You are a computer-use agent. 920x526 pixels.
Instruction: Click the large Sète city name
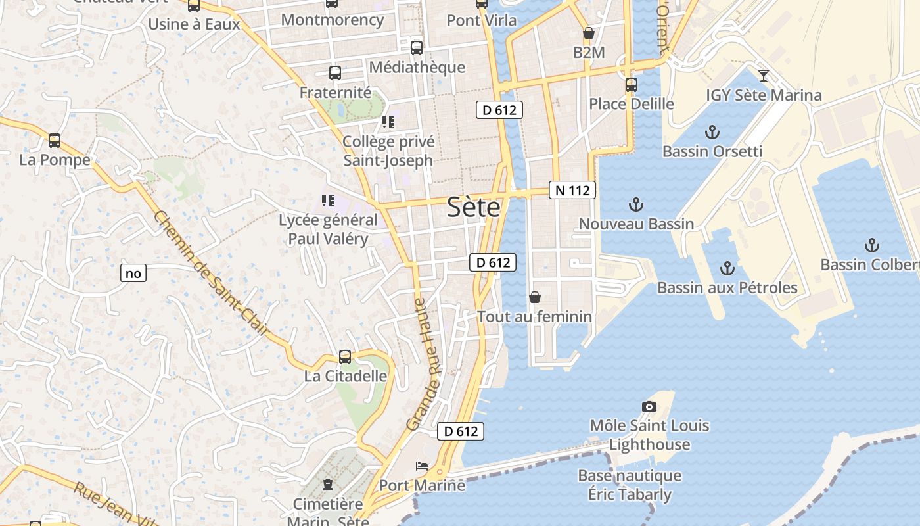473,208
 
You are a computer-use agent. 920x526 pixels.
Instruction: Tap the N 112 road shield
572,191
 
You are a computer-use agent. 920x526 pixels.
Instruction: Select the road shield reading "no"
133,273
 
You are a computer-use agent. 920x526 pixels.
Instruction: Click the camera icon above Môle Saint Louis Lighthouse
649,407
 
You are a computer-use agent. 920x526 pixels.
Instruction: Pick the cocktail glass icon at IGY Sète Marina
763,75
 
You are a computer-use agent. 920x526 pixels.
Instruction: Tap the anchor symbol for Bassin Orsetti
712,133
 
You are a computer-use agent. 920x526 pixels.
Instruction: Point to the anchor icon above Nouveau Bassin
635,204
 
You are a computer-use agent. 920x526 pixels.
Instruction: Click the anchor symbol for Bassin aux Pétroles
727,268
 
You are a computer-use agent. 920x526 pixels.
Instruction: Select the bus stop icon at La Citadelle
345,357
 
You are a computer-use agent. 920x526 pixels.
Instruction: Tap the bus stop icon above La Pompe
55,141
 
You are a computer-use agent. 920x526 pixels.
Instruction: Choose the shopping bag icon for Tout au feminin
535,297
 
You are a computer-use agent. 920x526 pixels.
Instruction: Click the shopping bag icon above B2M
588,33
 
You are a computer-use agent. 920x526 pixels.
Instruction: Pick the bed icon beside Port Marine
422,466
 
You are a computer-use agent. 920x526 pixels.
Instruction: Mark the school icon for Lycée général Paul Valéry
327,201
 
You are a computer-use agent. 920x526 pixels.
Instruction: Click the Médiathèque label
417,67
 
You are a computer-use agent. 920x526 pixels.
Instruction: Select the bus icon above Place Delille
631,85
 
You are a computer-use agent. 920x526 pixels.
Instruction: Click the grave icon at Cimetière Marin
327,485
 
